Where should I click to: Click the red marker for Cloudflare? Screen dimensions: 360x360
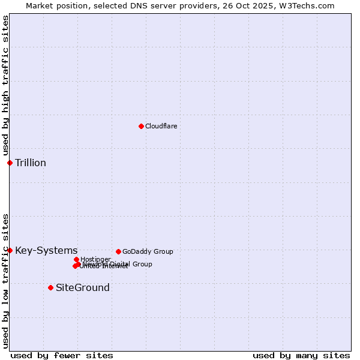(x=141, y=126)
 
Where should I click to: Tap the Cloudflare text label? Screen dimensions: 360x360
(x=161, y=126)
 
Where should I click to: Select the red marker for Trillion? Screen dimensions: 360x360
(x=10, y=163)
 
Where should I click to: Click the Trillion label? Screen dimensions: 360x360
(x=31, y=163)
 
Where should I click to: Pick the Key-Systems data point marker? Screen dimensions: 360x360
(x=10, y=250)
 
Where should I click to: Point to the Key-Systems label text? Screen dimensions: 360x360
(x=46, y=250)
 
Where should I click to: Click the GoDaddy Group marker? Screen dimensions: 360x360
(x=118, y=251)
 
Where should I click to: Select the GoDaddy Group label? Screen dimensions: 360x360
(x=148, y=251)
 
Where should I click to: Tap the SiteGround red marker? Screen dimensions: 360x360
(x=50, y=287)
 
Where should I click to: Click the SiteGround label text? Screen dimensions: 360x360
(x=83, y=287)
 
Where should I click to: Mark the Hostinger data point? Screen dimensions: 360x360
(x=76, y=259)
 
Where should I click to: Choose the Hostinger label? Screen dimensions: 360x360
(x=95, y=259)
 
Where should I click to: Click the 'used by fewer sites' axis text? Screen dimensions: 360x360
(x=62, y=355)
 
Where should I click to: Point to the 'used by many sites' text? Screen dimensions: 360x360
(x=301, y=355)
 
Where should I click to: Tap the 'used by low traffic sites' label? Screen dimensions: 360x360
(x=5, y=281)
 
